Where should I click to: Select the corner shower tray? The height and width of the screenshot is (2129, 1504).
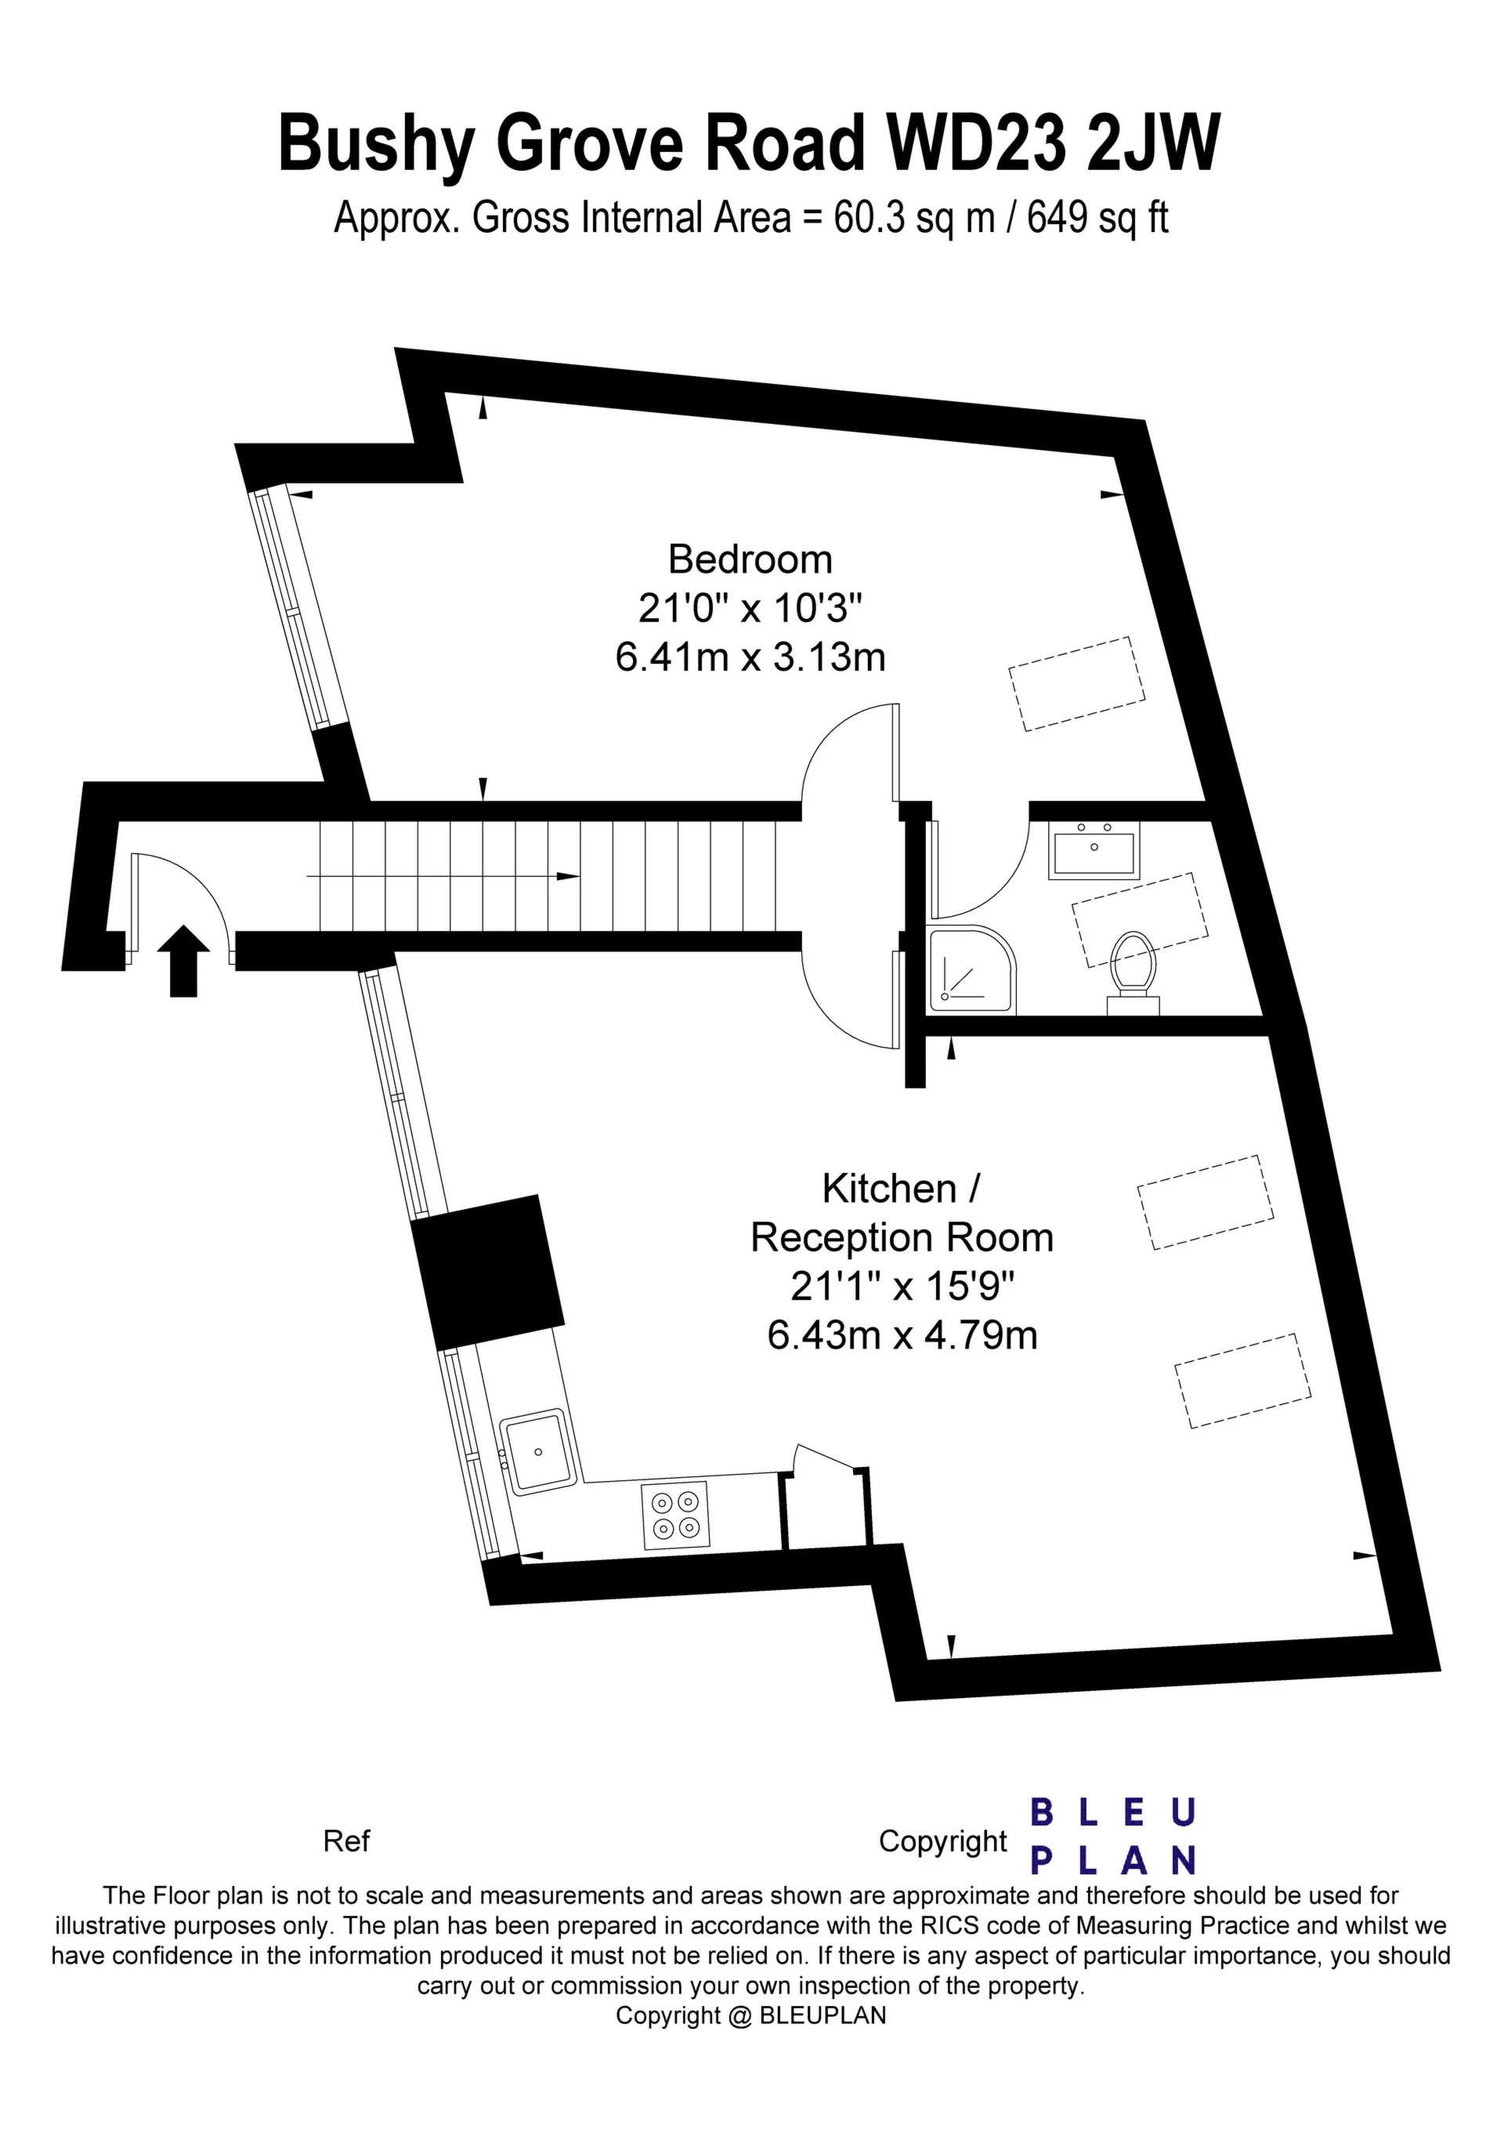[973, 968]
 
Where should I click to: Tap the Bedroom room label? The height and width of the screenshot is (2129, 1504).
[750, 559]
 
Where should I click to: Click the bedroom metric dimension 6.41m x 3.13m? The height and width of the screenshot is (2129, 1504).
[750, 657]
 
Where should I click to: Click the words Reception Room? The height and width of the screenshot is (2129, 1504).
[902, 1238]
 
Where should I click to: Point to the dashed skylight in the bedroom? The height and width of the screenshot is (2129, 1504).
[1076, 684]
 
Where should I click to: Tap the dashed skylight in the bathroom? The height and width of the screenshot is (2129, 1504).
[1141, 920]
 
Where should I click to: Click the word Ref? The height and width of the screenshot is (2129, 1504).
[346, 1841]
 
